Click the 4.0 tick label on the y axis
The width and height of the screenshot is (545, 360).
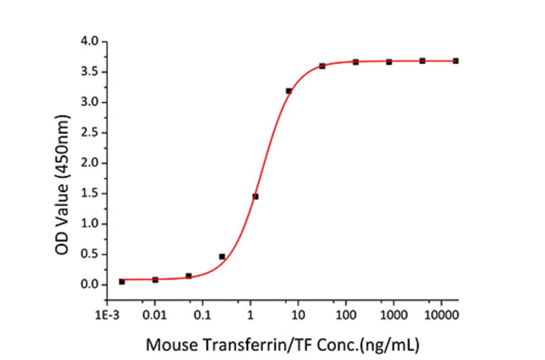pyautogui.click(x=92, y=42)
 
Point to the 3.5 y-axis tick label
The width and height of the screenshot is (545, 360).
pyautogui.click(x=92, y=72)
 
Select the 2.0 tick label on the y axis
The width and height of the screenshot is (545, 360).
pyautogui.click(x=92, y=163)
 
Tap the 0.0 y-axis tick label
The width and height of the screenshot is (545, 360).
pyautogui.click(x=92, y=284)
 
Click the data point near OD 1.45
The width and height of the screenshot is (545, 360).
pyautogui.click(x=256, y=196)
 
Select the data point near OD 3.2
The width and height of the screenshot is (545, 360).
pyautogui.click(x=289, y=91)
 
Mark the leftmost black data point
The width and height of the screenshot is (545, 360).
pyautogui.click(x=122, y=282)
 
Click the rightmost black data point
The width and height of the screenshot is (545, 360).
pyautogui.click(x=455, y=61)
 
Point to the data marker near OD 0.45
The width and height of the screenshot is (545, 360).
pyautogui.click(x=222, y=256)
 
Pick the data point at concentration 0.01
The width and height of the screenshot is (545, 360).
pyautogui.click(x=155, y=279)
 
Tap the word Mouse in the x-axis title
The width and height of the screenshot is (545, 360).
pyautogui.click(x=167, y=345)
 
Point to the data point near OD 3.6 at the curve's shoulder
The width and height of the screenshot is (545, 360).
pyautogui.click(x=322, y=65)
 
